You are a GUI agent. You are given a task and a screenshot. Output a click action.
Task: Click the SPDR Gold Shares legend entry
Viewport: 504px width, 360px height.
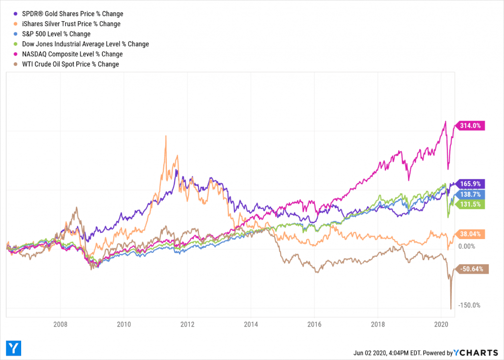pos(69,14)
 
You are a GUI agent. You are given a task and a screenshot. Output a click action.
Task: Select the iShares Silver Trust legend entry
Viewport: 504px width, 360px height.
pos(67,24)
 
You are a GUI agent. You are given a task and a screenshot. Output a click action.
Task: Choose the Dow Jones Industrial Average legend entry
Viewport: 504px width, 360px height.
pos(82,44)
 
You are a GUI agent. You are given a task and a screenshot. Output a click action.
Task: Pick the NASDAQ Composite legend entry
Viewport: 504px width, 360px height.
pos(68,54)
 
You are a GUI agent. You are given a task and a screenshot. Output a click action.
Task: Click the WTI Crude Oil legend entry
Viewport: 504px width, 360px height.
pos(66,64)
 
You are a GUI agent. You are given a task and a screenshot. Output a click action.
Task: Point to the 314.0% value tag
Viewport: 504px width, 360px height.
pos(471,125)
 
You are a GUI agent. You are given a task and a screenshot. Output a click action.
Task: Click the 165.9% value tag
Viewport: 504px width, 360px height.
pos(471,184)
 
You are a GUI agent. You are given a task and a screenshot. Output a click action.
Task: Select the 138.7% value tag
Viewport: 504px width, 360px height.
pos(471,195)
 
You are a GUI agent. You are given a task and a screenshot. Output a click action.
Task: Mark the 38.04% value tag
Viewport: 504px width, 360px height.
pos(471,234)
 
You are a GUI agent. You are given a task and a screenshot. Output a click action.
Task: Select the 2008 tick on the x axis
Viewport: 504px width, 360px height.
pos(60,325)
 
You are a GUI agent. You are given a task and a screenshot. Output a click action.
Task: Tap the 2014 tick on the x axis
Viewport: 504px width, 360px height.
pos(251,325)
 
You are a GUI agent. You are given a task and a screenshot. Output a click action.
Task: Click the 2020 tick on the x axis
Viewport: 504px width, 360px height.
pos(441,325)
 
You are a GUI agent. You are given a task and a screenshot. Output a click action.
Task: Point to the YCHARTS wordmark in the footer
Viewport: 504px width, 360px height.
pos(476,353)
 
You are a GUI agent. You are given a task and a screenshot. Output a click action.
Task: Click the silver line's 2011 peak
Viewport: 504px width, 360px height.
pos(166,136)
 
